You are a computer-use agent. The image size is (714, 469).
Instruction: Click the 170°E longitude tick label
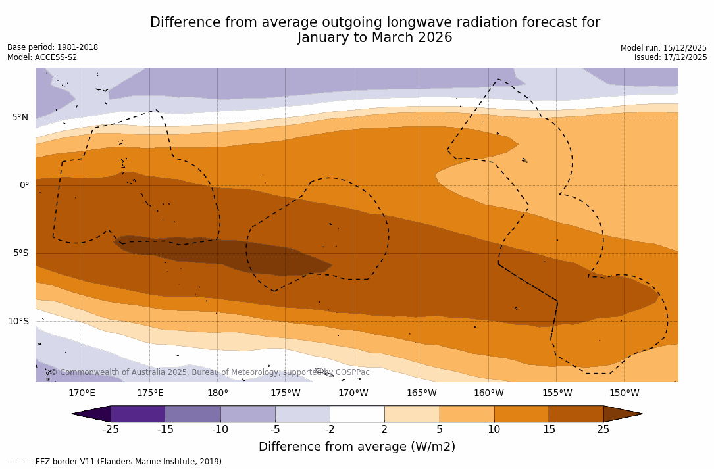82,393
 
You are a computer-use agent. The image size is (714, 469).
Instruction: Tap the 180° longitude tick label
218,393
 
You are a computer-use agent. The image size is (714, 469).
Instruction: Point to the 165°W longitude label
421,393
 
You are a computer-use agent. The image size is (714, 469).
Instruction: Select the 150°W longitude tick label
625,393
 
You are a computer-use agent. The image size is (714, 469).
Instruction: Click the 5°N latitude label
20,118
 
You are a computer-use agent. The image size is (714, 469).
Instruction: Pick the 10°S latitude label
18,322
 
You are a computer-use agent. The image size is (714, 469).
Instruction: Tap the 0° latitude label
24,185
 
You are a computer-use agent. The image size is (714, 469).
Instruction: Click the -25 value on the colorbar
111,430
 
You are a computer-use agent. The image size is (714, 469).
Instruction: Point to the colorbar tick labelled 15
548,430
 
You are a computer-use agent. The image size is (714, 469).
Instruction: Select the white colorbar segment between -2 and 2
357,414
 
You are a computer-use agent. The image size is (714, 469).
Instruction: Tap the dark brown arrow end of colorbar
622,414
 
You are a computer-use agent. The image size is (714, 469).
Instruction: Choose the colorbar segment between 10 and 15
521,414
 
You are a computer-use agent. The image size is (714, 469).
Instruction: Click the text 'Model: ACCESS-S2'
42,57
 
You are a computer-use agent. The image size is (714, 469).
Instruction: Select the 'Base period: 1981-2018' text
53,47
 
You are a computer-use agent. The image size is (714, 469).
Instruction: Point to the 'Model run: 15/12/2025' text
663,48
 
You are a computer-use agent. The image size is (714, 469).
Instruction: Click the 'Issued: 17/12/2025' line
671,57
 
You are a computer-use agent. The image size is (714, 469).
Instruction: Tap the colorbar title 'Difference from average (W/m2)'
357,447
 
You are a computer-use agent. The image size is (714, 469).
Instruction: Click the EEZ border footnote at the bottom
116,462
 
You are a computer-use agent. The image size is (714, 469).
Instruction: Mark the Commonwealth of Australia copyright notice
209,372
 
